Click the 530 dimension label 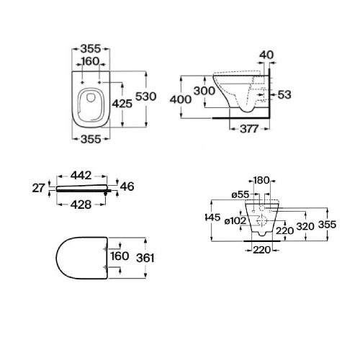tap(146, 96)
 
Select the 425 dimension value tap(122, 104)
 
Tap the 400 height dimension tap(181, 99)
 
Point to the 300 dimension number tap(204, 91)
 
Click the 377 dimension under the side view tap(249, 129)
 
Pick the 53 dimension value tap(284, 94)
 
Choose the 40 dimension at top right tap(266, 55)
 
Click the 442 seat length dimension tap(81, 176)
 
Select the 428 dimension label tap(81, 204)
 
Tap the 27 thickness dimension tap(38, 188)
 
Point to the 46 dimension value tap(127, 186)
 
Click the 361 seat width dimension tap(145, 258)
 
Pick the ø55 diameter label tap(240, 194)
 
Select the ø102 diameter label tap(235, 221)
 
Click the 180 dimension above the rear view tap(261, 180)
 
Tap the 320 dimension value tap(305, 226)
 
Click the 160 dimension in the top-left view tap(91, 61)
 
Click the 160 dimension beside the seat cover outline tap(120, 256)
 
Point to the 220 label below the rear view tap(262, 250)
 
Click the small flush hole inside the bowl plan tap(91, 97)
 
